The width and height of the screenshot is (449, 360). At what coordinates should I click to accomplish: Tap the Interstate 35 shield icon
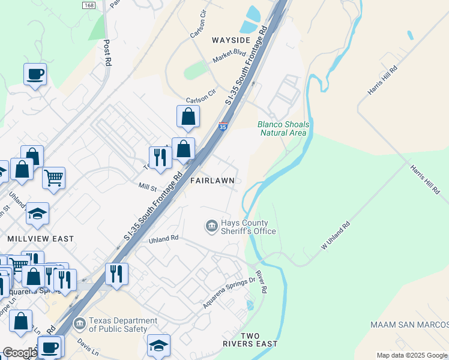click(x=223, y=127)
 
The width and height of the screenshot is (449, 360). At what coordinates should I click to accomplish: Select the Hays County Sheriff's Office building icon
click(x=211, y=226)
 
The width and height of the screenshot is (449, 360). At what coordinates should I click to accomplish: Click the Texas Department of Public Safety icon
click(x=79, y=325)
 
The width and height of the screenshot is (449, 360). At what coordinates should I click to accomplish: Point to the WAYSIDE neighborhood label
click(x=230, y=40)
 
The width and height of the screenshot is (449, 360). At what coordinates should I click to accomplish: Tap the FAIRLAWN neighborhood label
click(x=208, y=180)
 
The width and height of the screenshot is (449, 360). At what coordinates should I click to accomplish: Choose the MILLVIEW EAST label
click(x=40, y=239)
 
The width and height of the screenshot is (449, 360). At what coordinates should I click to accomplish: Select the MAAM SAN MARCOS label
click(x=409, y=325)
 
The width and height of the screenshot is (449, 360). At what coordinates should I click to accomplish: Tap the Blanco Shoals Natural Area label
click(x=283, y=128)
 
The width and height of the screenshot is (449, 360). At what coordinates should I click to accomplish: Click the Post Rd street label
click(x=107, y=53)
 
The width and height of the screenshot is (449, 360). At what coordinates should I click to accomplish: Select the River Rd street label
click(x=261, y=281)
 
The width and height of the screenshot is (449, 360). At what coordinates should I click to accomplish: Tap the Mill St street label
click(x=147, y=187)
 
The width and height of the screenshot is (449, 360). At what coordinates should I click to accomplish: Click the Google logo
click(x=19, y=353)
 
